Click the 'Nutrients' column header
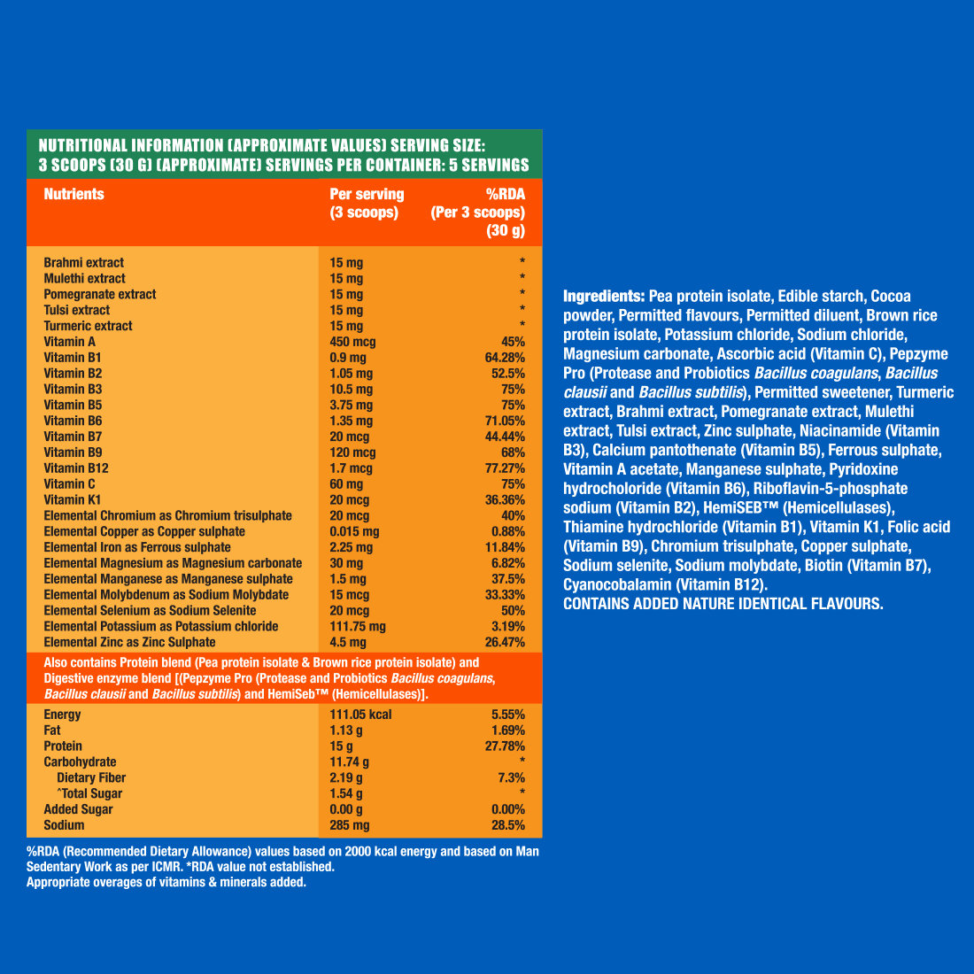click(73, 194)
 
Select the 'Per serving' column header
click(367, 194)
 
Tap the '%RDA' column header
click(505, 194)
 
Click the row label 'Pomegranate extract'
click(99, 294)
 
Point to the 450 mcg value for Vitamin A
click(352, 342)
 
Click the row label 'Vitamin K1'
click(73, 500)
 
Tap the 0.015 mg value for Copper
click(354, 531)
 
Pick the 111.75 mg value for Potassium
click(358, 626)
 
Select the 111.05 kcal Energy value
click(360, 715)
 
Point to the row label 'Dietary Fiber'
click(91, 777)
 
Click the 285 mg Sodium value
click(350, 825)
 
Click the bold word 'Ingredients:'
click(604, 296)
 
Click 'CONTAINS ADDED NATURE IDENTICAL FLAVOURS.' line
click(723, 604)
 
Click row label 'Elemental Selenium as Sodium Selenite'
click(150, 610)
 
